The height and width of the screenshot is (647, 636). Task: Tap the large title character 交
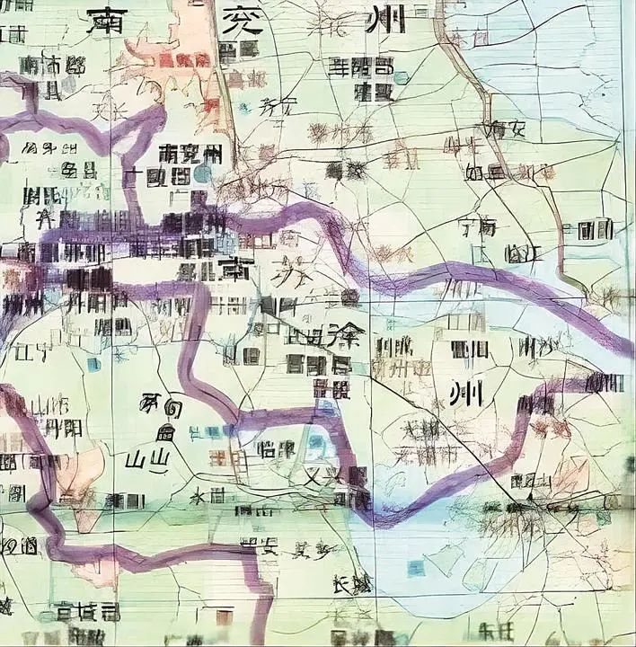coord(242,20)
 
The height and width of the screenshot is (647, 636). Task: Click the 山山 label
coord(147,461)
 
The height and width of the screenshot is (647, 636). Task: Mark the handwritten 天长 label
coord(110,112)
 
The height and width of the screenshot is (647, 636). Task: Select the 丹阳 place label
coord(64,427)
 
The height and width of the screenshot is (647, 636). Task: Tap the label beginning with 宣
coord(85,613)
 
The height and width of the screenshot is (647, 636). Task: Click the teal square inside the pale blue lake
coord(414,567)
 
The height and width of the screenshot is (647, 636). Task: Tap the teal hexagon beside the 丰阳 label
coord(400,78)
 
